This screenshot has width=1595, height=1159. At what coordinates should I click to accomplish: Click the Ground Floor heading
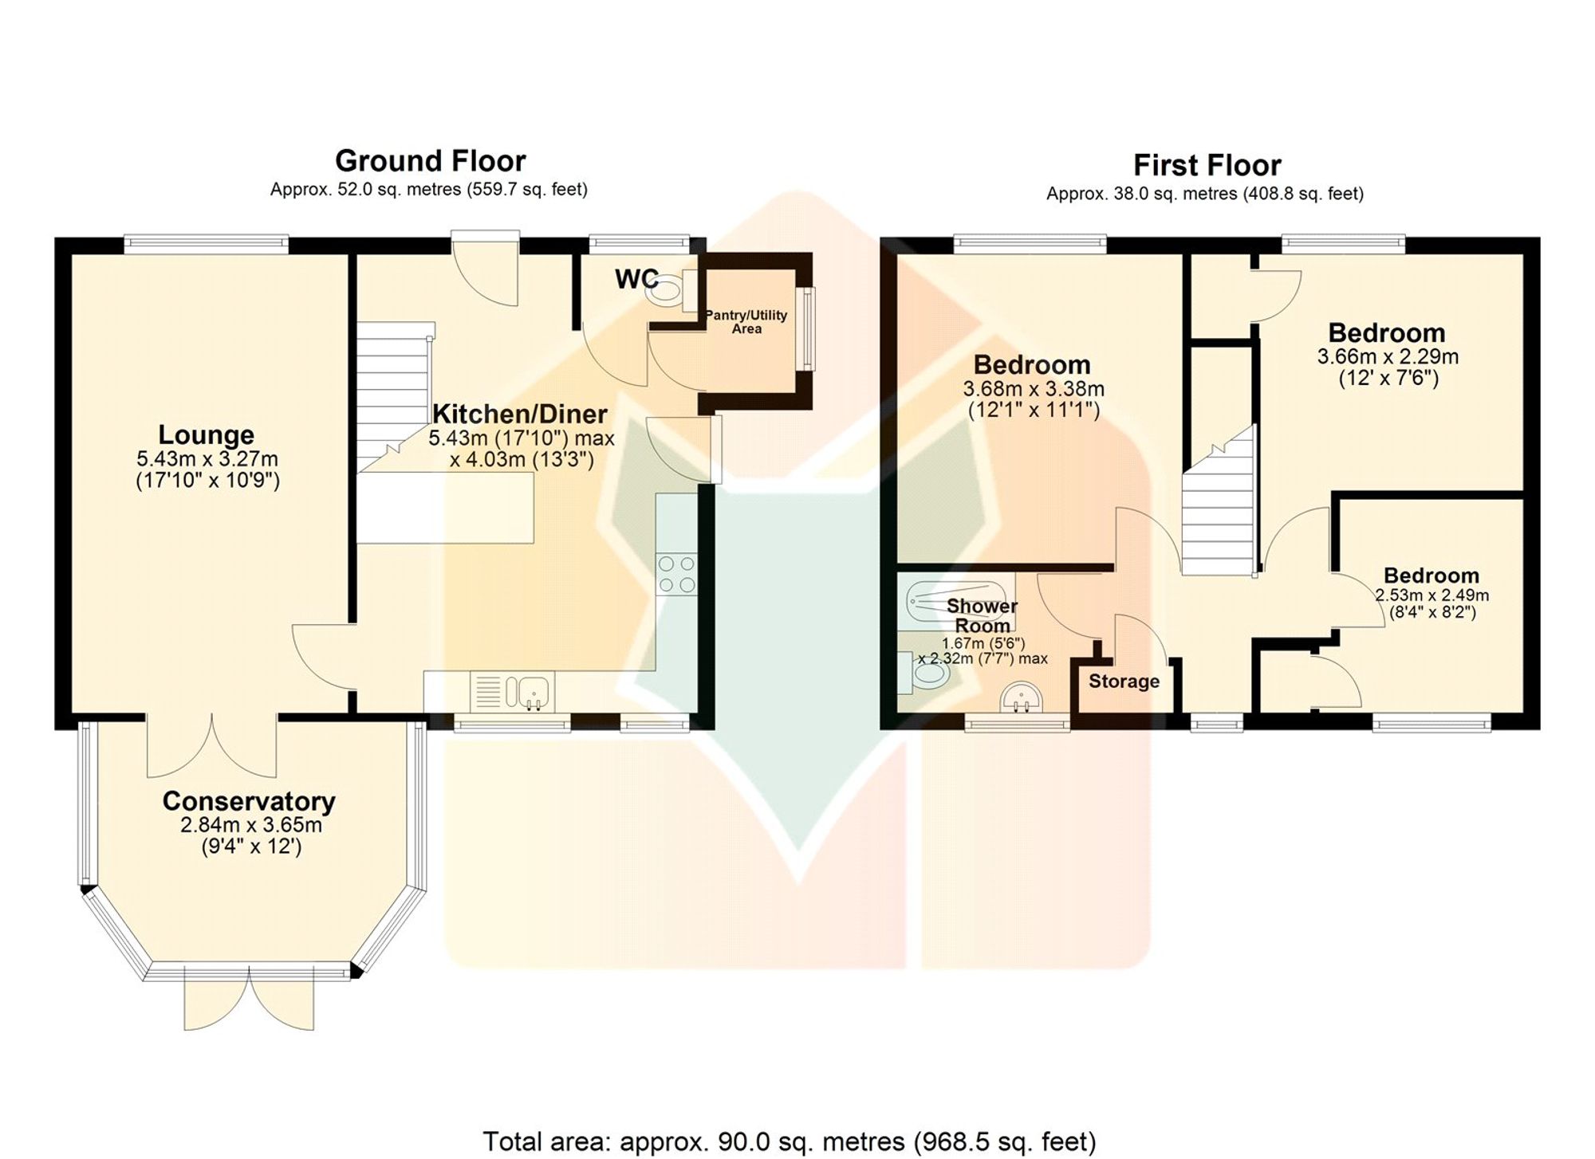point(430,161)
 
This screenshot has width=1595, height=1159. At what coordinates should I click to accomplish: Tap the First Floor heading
point(1207,166)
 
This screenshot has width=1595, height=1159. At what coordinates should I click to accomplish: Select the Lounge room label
point(206,434)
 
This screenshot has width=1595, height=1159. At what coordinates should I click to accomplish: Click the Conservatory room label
point(249,801)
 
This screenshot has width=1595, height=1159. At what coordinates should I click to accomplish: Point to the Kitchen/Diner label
point(520,414)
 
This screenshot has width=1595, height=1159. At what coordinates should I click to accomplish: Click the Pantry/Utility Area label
point(746,322)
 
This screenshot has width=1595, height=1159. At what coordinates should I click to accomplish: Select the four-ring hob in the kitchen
point(677,574)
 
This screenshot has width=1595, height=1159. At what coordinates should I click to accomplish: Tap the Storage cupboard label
point(1124,682)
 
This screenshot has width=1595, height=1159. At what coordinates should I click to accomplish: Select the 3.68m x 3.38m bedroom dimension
point(1034,390)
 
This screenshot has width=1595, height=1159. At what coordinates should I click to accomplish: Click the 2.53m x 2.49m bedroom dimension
point(1432,595)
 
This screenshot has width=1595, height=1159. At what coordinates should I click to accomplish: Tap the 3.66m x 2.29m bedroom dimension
point(1388,356)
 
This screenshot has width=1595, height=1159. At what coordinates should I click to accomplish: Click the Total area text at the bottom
point(790,1141)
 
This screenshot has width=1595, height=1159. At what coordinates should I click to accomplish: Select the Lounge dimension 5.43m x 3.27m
point(207,459)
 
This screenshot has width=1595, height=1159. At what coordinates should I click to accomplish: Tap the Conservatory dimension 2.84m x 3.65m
point(251,825)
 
